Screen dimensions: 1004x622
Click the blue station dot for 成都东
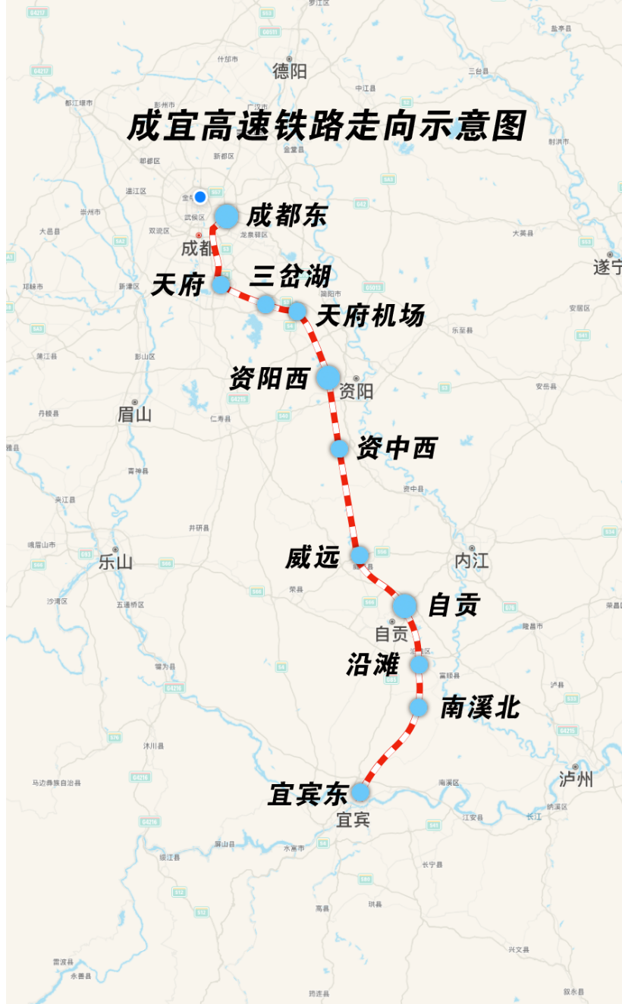coord(226,216)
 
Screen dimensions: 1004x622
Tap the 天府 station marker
coord(221,284)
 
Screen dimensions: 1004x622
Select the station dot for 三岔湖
coord(265,304)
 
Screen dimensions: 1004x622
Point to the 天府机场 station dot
coord(297,310)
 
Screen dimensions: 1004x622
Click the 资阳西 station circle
coord(328,377)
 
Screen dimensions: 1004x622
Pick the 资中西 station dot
coord(339,448)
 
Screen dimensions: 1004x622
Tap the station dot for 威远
coord(360,555)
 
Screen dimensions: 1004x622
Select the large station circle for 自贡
coord(404,605)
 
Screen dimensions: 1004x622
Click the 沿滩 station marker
coord(419,665)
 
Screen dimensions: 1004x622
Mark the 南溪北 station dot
coord(419,707)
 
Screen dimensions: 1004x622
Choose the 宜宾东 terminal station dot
coord(360,792)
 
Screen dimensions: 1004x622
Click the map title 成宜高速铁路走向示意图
coord(326,126)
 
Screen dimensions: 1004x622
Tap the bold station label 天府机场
coord(369,315)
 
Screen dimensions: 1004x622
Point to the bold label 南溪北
coord(480,708)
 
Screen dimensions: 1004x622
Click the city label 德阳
coord(290,71)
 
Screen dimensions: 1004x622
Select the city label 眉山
coord(135,414)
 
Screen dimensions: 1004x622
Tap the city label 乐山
coord(115,562)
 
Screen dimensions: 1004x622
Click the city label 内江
coord(472,561)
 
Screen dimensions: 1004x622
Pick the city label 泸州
coord(576,780)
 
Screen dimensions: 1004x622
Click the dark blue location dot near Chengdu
coord(200,197)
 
